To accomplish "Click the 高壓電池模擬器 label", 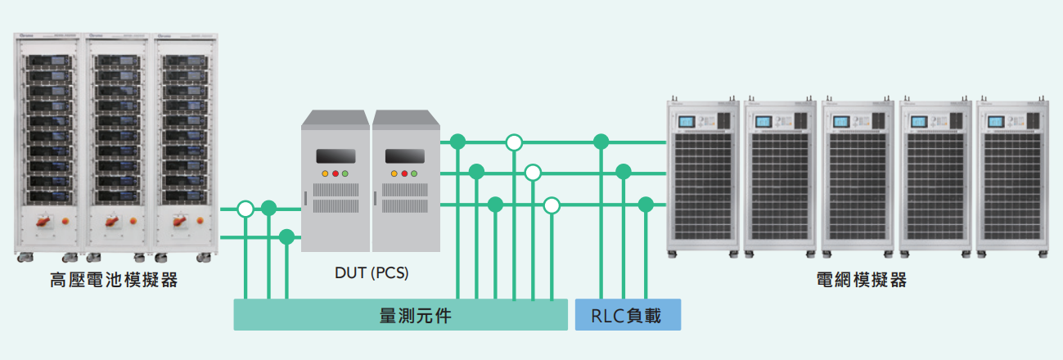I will coord(114,281).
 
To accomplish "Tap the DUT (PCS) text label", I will coord(372,273).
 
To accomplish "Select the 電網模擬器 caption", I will coord(862,281).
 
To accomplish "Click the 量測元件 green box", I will coord(400,315).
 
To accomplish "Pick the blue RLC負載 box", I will coord(628,315).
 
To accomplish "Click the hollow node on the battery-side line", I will coord(245,209).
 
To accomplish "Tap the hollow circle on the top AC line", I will coord(514,142).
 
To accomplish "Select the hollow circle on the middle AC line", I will coord(533,173).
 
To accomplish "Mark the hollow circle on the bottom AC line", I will coord(552,205).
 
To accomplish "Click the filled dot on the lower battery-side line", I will coord(286,237).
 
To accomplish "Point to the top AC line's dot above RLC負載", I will coord(601,142).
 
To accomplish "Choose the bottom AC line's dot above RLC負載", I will coord(646,205).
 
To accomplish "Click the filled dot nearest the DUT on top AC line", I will coord(458,142).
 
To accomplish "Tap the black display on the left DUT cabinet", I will coord(336,155).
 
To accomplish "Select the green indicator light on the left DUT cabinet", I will coord(345,174).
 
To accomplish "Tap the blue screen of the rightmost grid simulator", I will coord(996,123).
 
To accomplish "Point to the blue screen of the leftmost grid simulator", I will coord(685,123).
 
